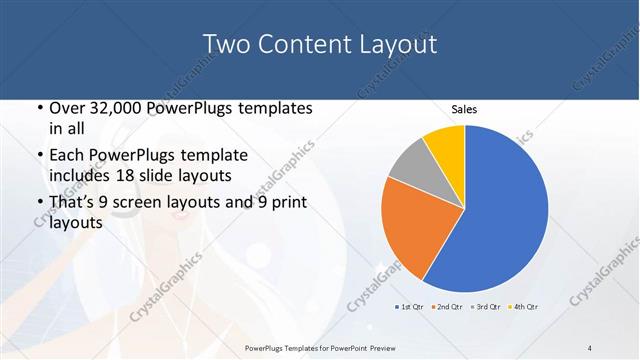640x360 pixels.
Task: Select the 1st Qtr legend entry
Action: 412,305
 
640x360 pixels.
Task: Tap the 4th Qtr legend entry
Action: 525,305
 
